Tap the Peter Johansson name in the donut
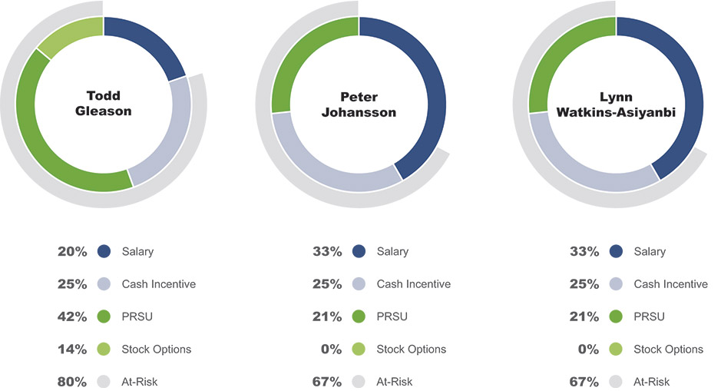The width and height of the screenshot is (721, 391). [x=359, y=104]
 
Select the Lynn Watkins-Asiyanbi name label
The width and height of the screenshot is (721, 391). [x=616, y=104]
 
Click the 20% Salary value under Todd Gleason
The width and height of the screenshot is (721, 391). [x=72, y=252]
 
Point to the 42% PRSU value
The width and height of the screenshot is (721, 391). [x=72, y=316]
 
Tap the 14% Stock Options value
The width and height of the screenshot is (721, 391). [x=72, y=350]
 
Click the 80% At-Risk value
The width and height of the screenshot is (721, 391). [x=72, y=382]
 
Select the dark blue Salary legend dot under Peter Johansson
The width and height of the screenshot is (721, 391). [x=359, y=252]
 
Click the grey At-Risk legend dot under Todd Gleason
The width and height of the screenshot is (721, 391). [x=104, y=382]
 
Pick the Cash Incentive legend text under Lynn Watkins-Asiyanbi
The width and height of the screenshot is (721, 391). [x=670, y=284]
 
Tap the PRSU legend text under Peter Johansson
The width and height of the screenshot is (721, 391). [x=392, y=316]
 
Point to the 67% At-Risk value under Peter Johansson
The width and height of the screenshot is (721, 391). [x=327, y=382]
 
